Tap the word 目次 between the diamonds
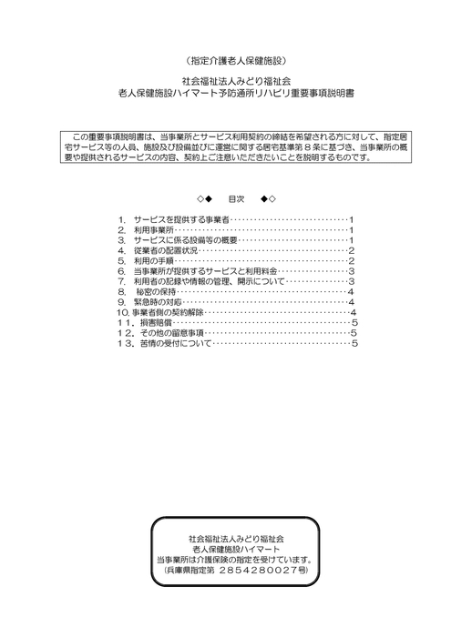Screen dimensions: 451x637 [x=235, y=198]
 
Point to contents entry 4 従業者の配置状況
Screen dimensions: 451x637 [x=165, y=251]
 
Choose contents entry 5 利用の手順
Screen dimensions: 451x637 [x=154, y=261]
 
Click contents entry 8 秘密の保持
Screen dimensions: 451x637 [x=157, y=291]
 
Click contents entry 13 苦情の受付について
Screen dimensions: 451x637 [x=170, y=343]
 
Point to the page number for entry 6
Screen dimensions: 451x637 [x=352, y=271]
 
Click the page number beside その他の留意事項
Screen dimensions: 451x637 [x=353, y=333]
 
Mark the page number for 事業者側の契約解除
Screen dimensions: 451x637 [x=352, y=312]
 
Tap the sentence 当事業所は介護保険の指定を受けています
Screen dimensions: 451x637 [x=235, y=559]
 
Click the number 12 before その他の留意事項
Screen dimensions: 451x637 [x=124, y=333]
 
